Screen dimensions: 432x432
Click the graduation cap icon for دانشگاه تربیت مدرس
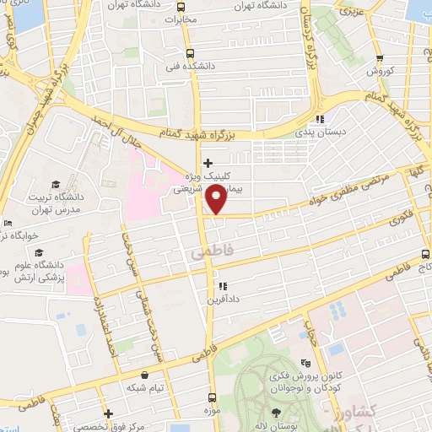click(x=55, y=184)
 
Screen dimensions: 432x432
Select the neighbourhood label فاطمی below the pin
click(x=205, y=252)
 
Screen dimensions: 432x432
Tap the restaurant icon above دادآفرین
click(x=222, y=286)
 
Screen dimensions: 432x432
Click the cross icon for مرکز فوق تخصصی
click(x=107, y=413)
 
